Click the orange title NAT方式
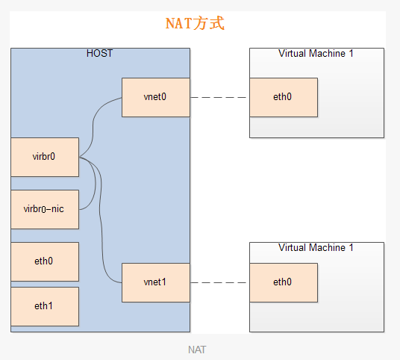coord(195,23)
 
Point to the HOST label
coord(99,53)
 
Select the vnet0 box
coord(156,97)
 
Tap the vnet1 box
coord(156,282)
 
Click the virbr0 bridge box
coord(45,157)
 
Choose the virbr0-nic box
coord(45,209)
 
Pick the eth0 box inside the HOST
coord(45,261)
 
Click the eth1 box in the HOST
coord(45,306)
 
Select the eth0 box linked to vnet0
coord(284,97)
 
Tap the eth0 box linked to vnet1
coord(284,282)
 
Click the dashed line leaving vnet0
coord(219,97)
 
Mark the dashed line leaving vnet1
coord(219,282)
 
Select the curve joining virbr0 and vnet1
coord(101,220)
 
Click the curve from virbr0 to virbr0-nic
coord(96,182)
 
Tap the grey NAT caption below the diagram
coord(197,350)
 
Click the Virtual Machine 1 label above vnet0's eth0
coord(316,53)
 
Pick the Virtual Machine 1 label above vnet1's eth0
coord(316,247)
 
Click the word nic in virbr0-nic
coord(57,209)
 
